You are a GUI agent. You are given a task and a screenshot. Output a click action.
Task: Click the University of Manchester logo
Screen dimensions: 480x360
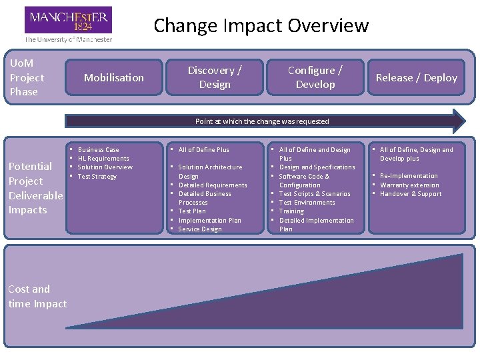(x=68, y=24)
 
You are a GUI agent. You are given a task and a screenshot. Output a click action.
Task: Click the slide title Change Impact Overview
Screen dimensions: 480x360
(x=261, y=26)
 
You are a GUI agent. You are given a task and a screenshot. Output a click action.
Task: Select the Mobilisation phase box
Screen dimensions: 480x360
(x=114, y=78)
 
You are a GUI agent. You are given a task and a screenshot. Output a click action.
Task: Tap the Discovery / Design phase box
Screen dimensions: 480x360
(x=215, y=77)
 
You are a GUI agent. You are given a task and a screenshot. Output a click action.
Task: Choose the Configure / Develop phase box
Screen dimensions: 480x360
(x=315, y=77)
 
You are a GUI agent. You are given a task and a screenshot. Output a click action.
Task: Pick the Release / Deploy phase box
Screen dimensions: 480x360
(x=417, y=78)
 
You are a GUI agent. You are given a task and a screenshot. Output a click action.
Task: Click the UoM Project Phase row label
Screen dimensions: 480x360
(x=27, y=77)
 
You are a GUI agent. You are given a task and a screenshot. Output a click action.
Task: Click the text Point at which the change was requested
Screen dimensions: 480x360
(x=262, y=121)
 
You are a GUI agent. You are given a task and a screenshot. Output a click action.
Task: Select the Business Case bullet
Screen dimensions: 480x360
(x=98, y=150)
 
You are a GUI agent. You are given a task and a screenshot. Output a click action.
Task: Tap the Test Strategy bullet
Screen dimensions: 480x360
(x=97, y=177)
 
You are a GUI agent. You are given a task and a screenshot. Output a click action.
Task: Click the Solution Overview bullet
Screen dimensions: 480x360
(x=105, y=167)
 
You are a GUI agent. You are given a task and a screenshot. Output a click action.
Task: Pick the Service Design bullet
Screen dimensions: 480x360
(x=200, y=229)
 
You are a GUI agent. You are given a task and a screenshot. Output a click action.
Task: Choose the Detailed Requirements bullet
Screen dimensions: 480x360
(x=213, y=185)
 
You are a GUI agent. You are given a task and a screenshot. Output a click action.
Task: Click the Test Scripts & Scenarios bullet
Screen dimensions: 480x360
(x=315, y=194)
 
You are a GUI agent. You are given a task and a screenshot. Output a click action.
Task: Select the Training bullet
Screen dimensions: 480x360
(x=291, y=211)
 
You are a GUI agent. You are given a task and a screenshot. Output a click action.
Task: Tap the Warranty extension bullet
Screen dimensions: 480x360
(x=409, y=185)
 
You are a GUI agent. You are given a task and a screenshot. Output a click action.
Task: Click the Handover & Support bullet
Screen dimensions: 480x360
(x=411, y=194)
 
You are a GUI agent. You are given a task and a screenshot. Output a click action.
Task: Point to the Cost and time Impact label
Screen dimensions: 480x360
(x=37, y=297)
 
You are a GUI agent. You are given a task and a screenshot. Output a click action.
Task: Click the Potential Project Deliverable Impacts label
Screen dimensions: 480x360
(x=35, y=188)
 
